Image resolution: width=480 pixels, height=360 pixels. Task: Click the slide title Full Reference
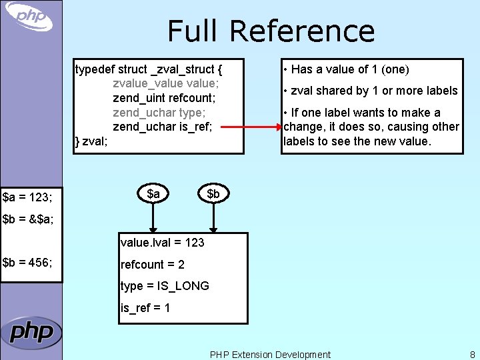(x=271, y=31)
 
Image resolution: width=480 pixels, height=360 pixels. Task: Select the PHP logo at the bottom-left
(x=31, y=332)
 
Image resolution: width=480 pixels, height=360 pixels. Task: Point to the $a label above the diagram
(x=153, y=193)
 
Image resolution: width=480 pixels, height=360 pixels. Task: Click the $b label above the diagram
(x=213, y=193)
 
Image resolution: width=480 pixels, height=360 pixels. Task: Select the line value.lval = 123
(x=162, y=243)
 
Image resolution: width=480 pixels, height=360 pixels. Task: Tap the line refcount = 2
(x=153, y=265)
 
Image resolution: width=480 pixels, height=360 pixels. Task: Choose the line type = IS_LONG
(x=165, y=286)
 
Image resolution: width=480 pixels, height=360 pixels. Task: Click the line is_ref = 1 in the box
(x=145, y=308)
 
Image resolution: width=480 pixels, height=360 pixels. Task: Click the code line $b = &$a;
(x=28, y=219)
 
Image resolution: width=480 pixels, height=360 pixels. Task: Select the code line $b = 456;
(x=27, y=262)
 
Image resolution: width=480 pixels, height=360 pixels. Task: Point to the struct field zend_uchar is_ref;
(x=162, y=127)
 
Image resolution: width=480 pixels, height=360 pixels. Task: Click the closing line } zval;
(x=91, y=141)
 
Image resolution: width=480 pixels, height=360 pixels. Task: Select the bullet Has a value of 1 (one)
(x=346, y=69)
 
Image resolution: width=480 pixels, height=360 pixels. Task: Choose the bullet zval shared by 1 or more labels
(x=370, y=91)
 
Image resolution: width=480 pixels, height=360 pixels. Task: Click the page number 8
(x=472, y=355)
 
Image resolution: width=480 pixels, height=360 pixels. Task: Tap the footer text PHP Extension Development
(x=270, y=355)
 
